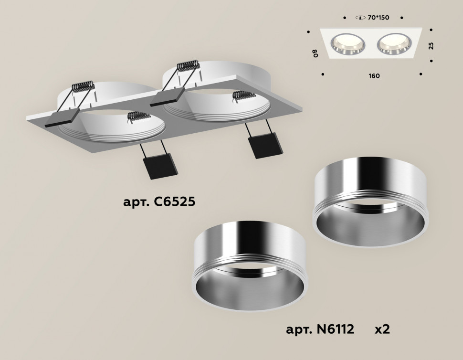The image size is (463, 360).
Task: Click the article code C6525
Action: pyautogui.click(x=159, y=202)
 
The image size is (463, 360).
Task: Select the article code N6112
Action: pyautogui.click(x=320, y=329)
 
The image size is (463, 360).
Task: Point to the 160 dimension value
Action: pyautogui.click(x=374, y=75)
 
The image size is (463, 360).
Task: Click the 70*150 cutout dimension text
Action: pyautogui.click(x=379, y=18)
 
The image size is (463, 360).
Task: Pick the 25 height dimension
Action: pyautogui.click(x=431, y=46)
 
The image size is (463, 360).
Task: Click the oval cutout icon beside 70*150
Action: pyautogui.click(x=360, y=18)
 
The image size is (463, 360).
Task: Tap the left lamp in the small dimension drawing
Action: pyautogui.click(x=348, y=44)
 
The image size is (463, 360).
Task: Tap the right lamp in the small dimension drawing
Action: pyautogui.click(x=393, y=44)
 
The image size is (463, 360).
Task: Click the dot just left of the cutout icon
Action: pyautogui.click(x=345, y=18)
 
